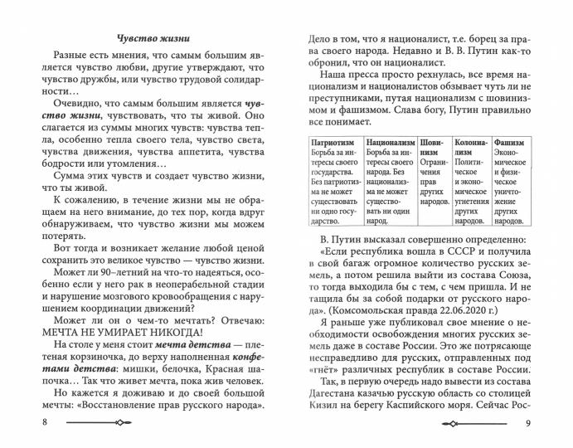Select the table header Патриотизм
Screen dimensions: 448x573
329,142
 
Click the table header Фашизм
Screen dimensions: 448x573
510,142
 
